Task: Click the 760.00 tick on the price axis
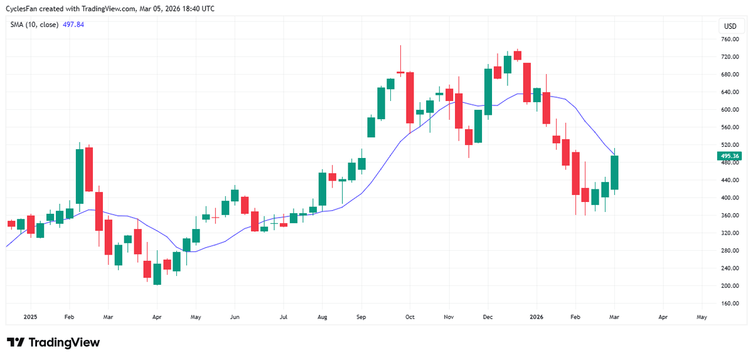tap(730, 39)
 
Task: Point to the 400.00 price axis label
tap(730, 198)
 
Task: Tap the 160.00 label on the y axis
tap(730, 304)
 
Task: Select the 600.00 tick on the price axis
tap(730, 110)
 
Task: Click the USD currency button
tap(730, 26)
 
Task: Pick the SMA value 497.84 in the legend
tap(73, 24)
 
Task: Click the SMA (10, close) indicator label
tap(34, 24)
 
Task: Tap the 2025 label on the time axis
tap(30, 317)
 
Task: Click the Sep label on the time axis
tap(361, 317)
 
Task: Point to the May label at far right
tap(702, 317)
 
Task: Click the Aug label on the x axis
tap(323, 317)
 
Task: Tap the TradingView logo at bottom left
tap(53, 342)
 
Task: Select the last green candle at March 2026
tap(614, 172)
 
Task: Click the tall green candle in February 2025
tap(80, 176)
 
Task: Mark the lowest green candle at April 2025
tap(157, 274)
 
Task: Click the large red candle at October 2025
tap(410, 97)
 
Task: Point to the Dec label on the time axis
tap(488, 317)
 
